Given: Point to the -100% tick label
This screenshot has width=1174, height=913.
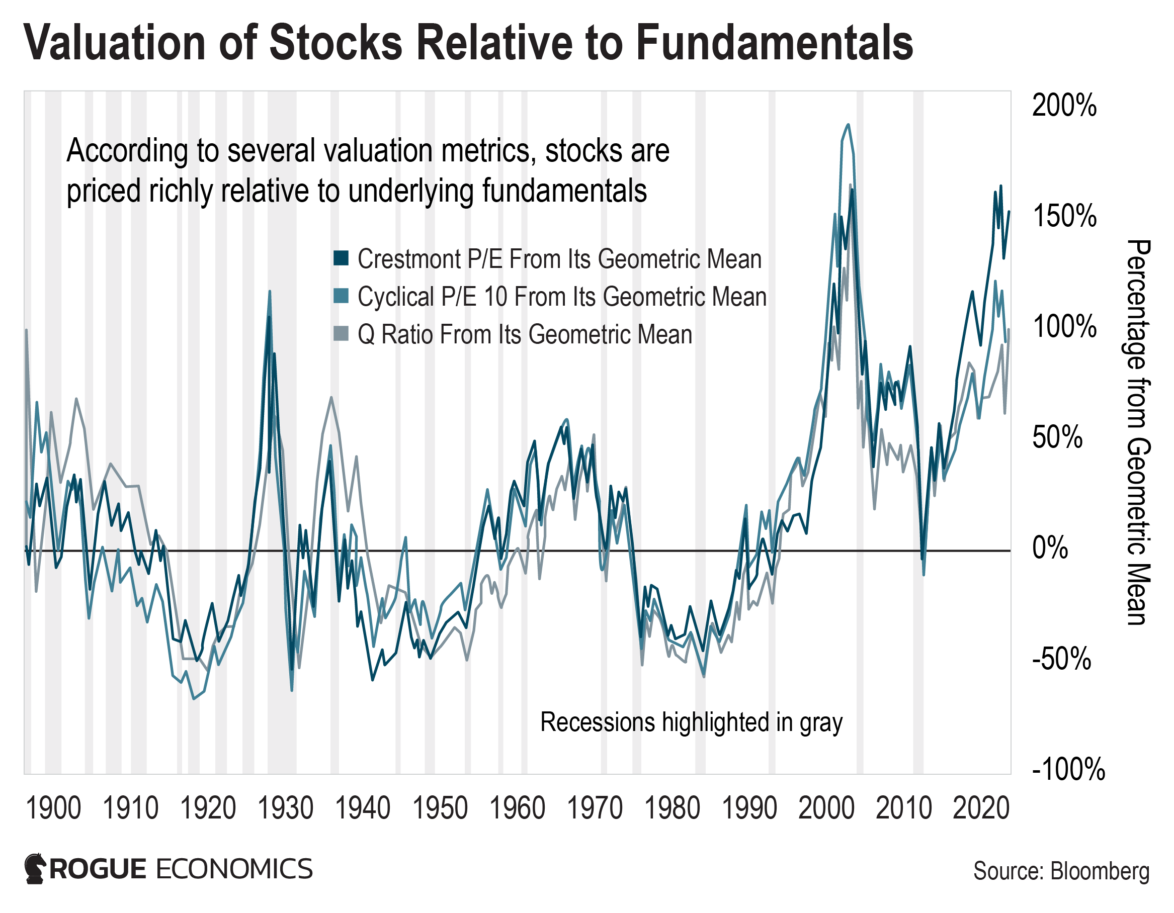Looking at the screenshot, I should point(1068,770).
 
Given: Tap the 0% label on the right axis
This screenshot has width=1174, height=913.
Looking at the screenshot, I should point(1050,548).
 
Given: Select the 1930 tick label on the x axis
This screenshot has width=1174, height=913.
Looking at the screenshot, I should point(285,808).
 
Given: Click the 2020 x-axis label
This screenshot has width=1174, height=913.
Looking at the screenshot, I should point(981,808).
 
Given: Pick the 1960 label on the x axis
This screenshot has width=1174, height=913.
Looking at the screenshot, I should point(517,808).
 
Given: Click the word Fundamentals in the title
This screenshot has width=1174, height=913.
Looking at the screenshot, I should point(774,43).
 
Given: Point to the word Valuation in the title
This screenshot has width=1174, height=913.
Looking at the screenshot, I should point(115,43).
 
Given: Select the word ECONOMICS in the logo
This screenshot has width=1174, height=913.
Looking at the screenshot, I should point(234,869).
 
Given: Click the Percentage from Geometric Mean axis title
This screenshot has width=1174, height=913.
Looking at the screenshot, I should point(1137,432).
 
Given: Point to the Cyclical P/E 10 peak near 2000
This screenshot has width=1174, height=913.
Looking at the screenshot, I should point(848,125).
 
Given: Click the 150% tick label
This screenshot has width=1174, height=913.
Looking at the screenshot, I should point(1064,216).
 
